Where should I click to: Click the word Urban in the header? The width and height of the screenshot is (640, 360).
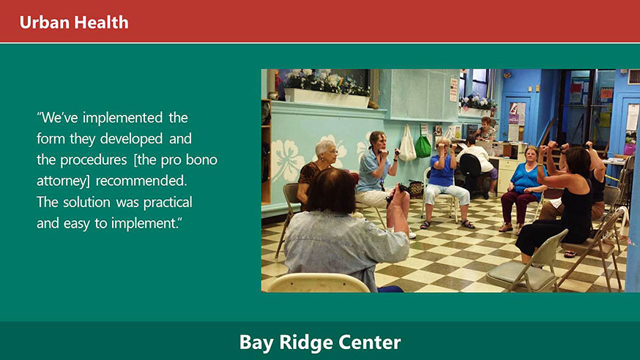[45, 22]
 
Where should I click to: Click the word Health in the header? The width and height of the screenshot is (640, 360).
[101, 22]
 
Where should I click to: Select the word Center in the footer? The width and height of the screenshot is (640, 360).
[369, 342]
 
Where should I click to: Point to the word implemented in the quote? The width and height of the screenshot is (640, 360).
[122, 118]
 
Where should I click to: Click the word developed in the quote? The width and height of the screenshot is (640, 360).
[131, 138]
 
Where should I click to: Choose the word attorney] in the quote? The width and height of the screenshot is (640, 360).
[63, 181]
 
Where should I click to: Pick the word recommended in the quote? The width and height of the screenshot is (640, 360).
[141, 181]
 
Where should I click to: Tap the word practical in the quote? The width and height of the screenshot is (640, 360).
[168, 202]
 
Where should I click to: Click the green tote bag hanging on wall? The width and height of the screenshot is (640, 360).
[423, 146]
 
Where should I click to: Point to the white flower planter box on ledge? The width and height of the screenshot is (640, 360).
[327, 97]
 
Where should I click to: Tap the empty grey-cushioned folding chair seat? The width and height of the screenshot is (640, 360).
[521, 276]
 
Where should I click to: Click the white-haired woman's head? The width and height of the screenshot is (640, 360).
[326, 151]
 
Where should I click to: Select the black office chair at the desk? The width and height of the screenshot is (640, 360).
[472, 173]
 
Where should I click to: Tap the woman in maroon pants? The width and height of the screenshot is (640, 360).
[524, 188]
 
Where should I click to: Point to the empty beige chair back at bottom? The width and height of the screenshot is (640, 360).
[318, 283]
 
